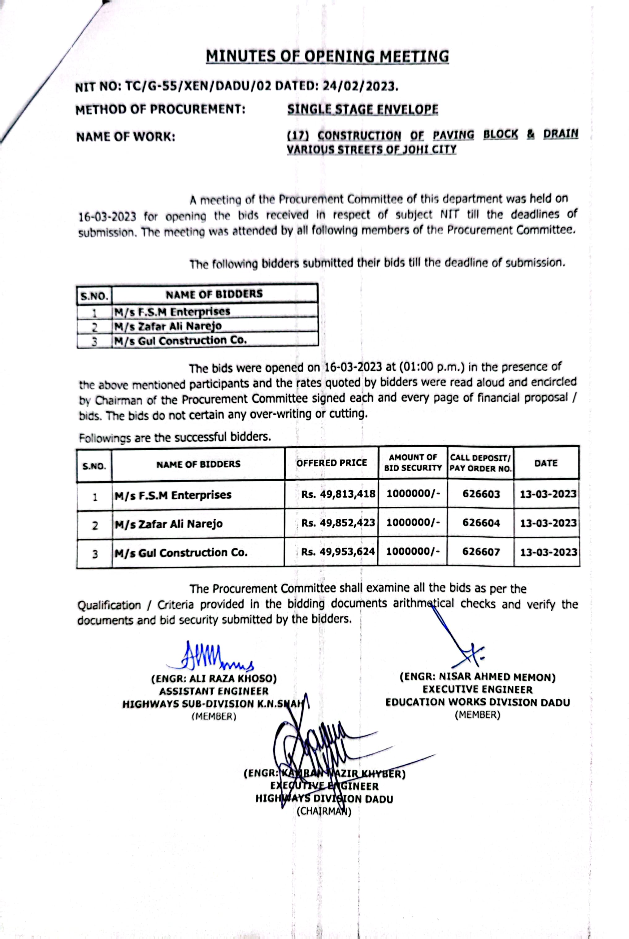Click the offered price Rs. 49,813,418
pos(338,494)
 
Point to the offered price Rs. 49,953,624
pos(338,552)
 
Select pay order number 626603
pos(481,494)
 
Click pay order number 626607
pos(481,552)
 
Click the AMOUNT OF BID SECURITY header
pos(413,463)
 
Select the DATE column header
pos(546,463)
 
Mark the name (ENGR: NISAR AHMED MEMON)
pos(477,677)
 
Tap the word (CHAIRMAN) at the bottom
pos(324,811)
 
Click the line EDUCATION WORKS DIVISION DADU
pos(477,702)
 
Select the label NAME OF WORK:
pos(126,137)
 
